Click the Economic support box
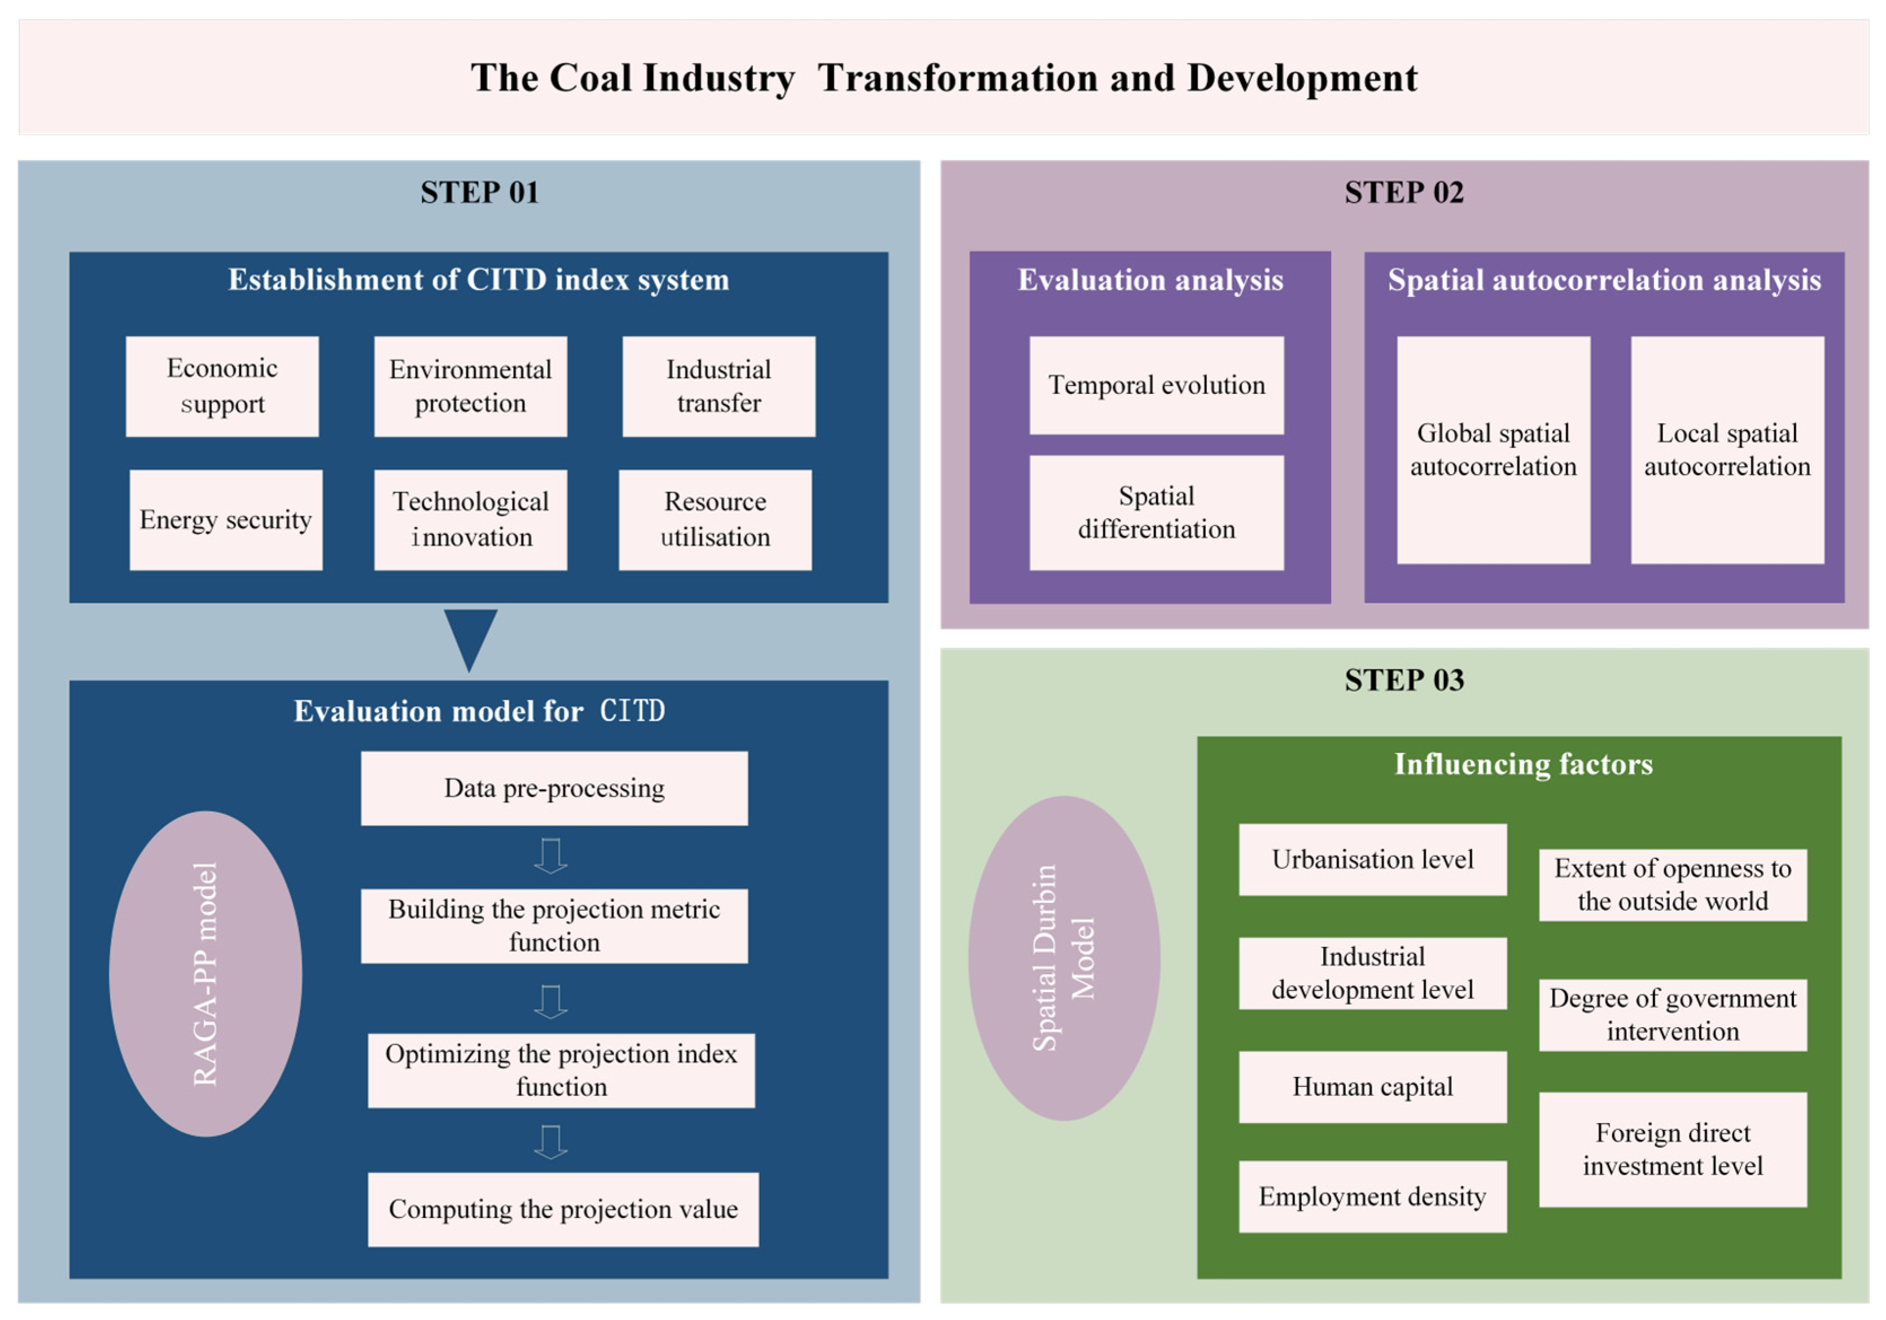[x=222, y=386]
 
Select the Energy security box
[x=226, y=520]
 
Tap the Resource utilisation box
[x=715, y=520]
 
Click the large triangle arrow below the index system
[x=470, y=637]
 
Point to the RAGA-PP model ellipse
[x=205, y=973]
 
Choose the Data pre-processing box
[x=554, y=788]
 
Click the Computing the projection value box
[x=563, y=1209]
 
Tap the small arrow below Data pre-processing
[x=550, y=856]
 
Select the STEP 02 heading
[x=1404, y=193]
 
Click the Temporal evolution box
[x=1157, y=385]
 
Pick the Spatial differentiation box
[x=1157, y=512]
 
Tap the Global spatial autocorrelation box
[x=1493, y=450]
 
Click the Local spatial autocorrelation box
[x=1727, y=450]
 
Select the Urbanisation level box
[x=1373, y=859]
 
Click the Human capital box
[x=1373, y=1087]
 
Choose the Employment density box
[x=1373, y=1196]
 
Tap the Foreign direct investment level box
[x=1673, y=1149]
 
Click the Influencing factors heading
[x=1523, y=765]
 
